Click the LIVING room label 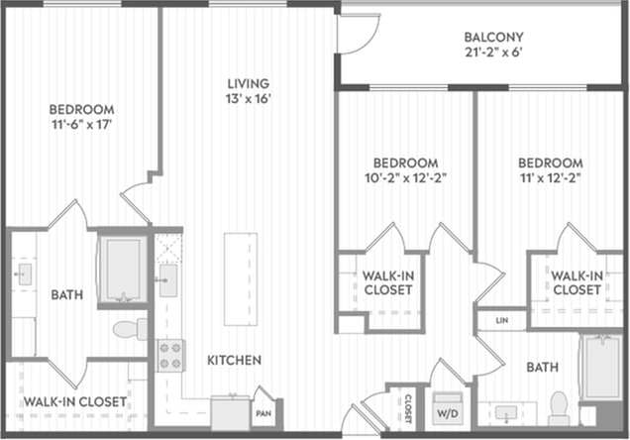click(x=248, y=83)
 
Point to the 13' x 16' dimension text click(x=248, y=99)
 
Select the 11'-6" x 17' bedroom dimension click(x=82, y=125)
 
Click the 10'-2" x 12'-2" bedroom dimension click(x=405, y=179)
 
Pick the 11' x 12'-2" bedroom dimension click(x=549, y=179)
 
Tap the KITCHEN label click(x=234, y=360)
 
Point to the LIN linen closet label click(x=501, y=321)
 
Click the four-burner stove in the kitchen click(x=170, y=354)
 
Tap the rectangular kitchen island click(x=240, y=278)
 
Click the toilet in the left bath click(x=127, y=329)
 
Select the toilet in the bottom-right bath click(x=559, y=405)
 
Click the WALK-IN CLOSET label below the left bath click(x=74, y=401)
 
